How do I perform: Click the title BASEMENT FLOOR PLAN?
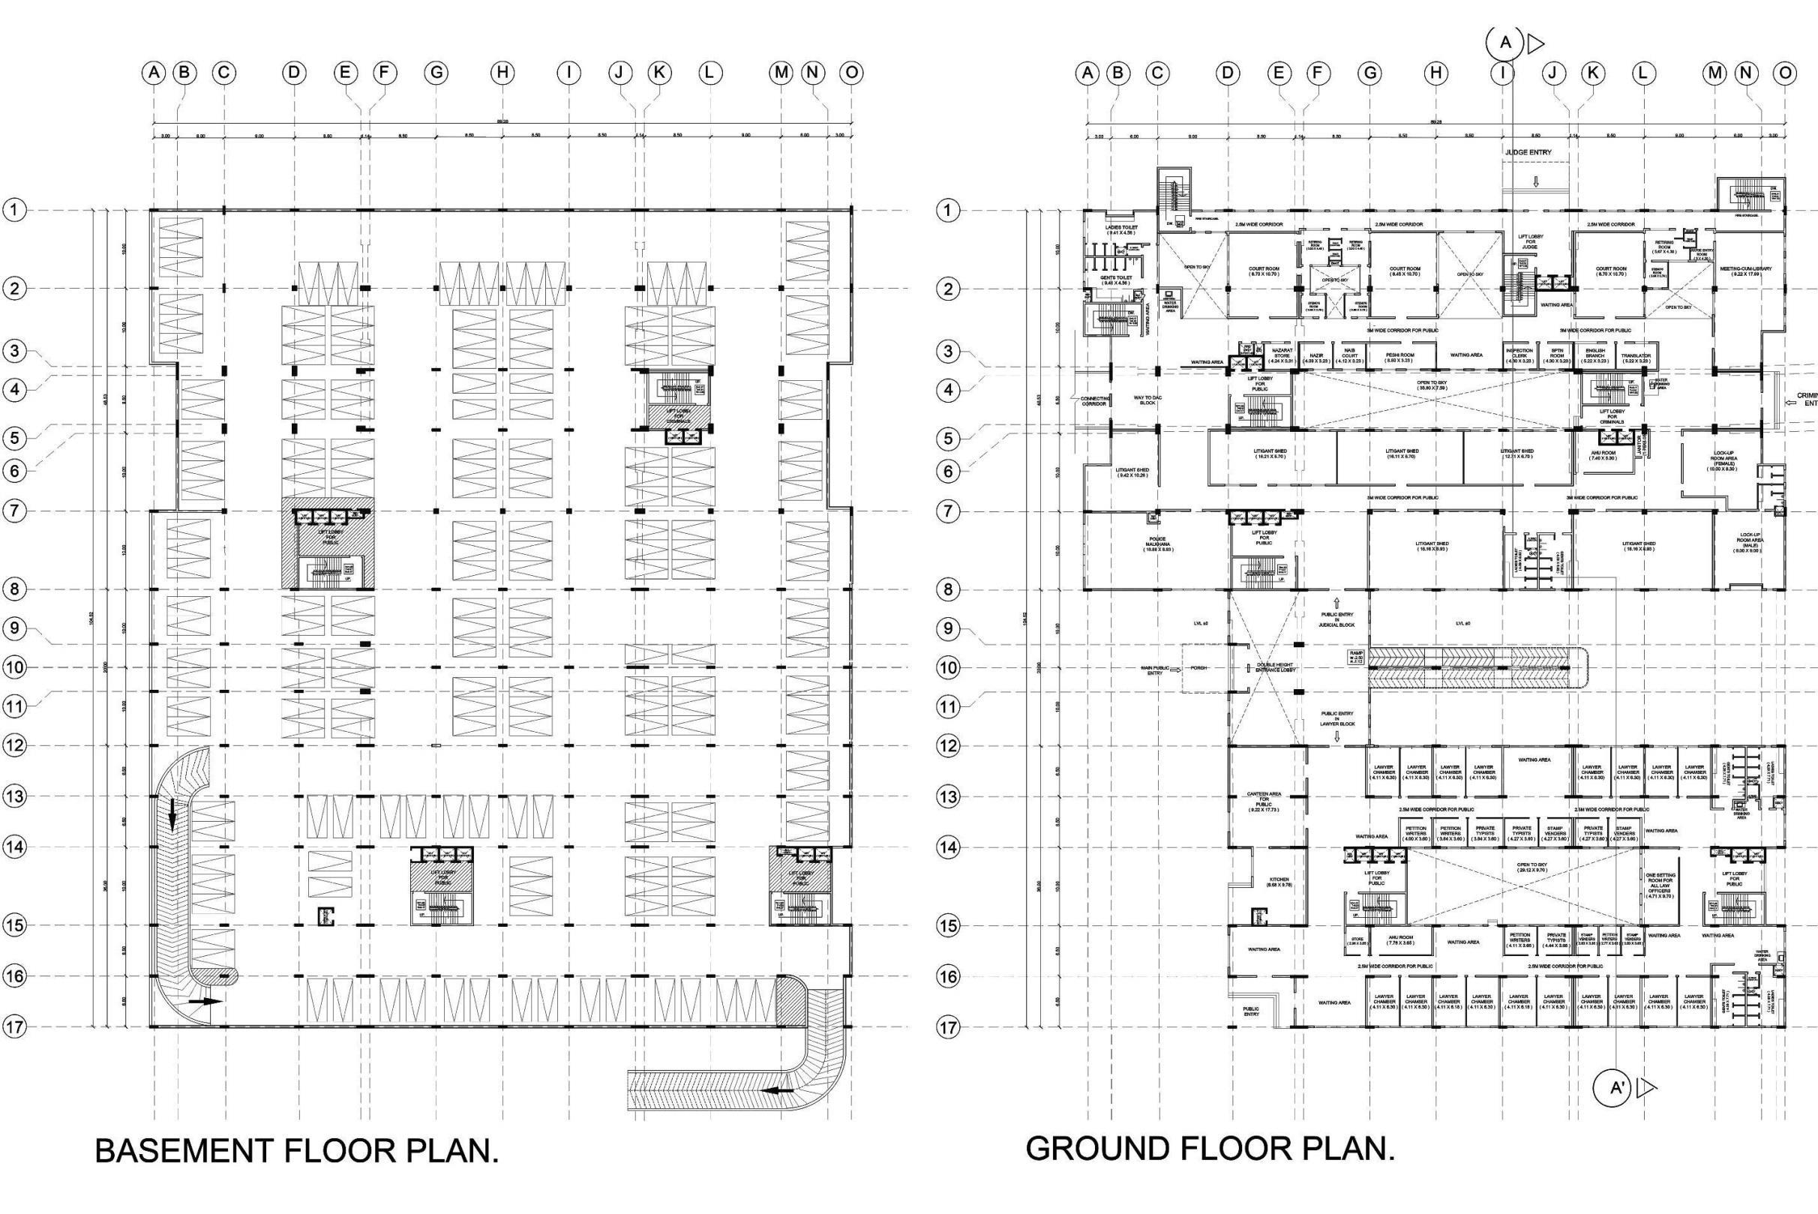pos(296,1151)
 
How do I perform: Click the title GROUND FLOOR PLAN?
pos(1210,1148)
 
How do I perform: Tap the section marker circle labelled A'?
pos(1617,1088)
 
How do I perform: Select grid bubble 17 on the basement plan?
pos(15,1027)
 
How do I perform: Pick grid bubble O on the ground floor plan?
pos(1785,73)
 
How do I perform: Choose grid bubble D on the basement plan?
pos(293,73)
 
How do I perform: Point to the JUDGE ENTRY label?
pos(1528,152)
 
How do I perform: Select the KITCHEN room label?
pos(1279,882)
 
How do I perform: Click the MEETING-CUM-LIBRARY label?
pos(1739,271)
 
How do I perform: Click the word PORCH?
pos(1199,667)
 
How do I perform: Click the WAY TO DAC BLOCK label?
pos(1144,400)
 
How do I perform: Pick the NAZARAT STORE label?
pos(1282,355)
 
